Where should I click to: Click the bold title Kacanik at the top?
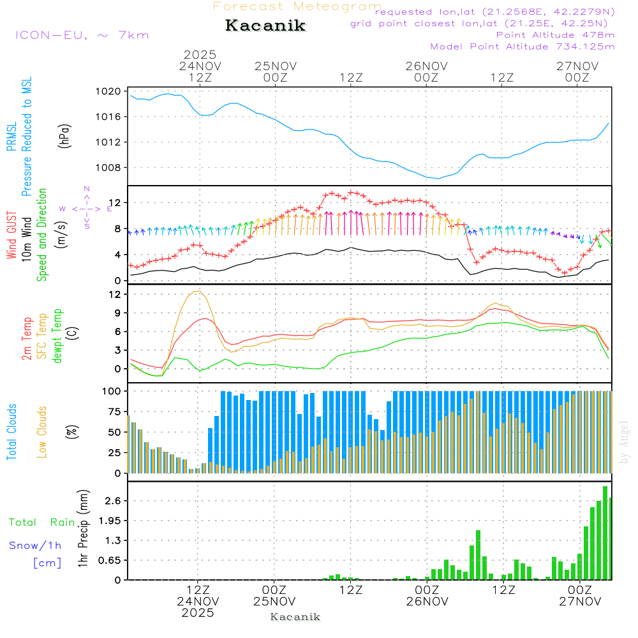tap(265, 26)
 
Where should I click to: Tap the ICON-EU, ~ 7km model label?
tap(82, 34)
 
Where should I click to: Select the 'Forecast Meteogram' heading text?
tap(297, 6)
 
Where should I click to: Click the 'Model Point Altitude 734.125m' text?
tap(523, 47)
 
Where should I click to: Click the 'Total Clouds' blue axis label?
tap(11, 432)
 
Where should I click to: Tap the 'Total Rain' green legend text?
tap(41, 523)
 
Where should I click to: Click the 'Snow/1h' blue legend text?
tap(35, 545)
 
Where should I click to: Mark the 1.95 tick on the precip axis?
tap(109, 521)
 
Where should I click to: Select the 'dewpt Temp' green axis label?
tap(58, 336)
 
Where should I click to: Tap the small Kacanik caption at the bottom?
tap(295, 617)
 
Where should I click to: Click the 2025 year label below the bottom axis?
tap(198, 612)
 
